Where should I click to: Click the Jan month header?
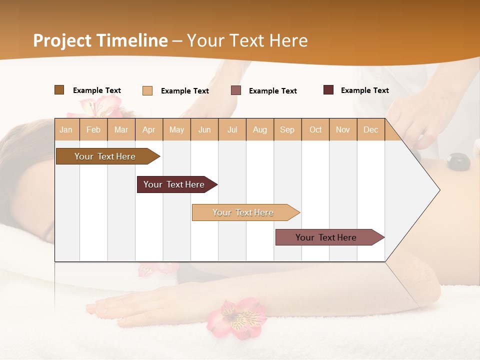tap(66, 129)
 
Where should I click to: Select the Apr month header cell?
tap(149, 129)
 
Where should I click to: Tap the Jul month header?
tap(232, 129)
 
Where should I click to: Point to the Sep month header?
tap(287, 129)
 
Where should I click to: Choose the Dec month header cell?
tap(370, 129)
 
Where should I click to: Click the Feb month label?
tap(93, 129)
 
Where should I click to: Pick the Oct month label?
tap(315, 129)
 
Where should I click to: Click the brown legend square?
tap(59, 90)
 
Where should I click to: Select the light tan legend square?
tap(147, 90)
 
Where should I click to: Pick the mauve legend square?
tap(236, 90)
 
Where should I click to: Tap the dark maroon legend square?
tap(328, 90)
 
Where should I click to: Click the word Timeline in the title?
tap(132, 40)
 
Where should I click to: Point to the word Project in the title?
tap(62, 40)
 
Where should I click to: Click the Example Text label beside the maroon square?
tap(364, 90)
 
